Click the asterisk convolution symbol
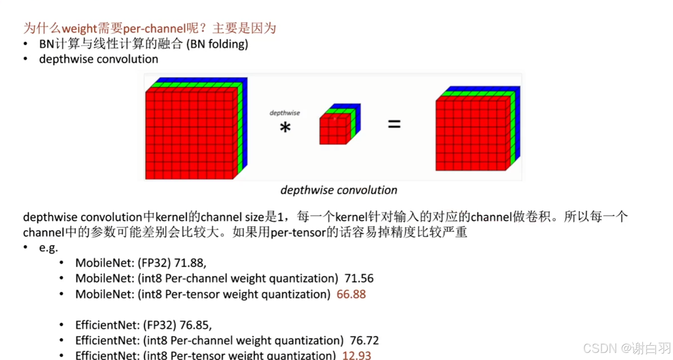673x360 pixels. pos(285,127)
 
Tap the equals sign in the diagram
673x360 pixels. pos(394,124)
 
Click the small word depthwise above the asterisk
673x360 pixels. pos(284,113)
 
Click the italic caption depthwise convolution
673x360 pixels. pos(338,190)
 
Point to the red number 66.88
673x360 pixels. pos(351,294)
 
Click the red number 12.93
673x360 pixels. pos(356,355)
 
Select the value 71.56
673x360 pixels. pos(359,279)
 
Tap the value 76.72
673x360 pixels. pos(364,341)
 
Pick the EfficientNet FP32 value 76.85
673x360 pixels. pos(195,325)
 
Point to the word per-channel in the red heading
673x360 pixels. pos(154,28)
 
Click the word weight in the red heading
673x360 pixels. pos(79,28)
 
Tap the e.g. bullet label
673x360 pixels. pos(48,248)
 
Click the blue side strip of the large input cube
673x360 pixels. pos(245,123)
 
